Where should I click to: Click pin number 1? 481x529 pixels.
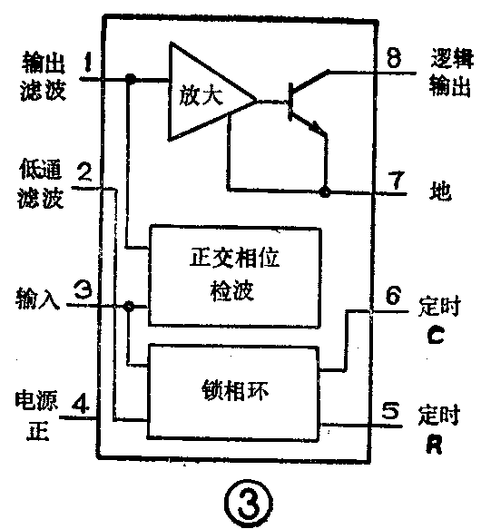[87, 64]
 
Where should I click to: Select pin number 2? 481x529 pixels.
[83, 171]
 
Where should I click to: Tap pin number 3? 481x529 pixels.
[81, 292]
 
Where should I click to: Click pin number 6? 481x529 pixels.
[392, 297]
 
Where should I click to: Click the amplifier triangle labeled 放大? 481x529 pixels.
[203, 93]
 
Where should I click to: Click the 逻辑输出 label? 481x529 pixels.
[448, 73]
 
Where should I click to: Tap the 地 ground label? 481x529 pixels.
[437, 192]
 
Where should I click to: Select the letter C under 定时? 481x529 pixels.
[434, 337]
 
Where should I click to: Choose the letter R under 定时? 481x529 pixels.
[435, 446]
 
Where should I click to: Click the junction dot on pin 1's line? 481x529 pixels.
[130, 80]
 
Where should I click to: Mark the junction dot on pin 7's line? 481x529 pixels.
[324, 191]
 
